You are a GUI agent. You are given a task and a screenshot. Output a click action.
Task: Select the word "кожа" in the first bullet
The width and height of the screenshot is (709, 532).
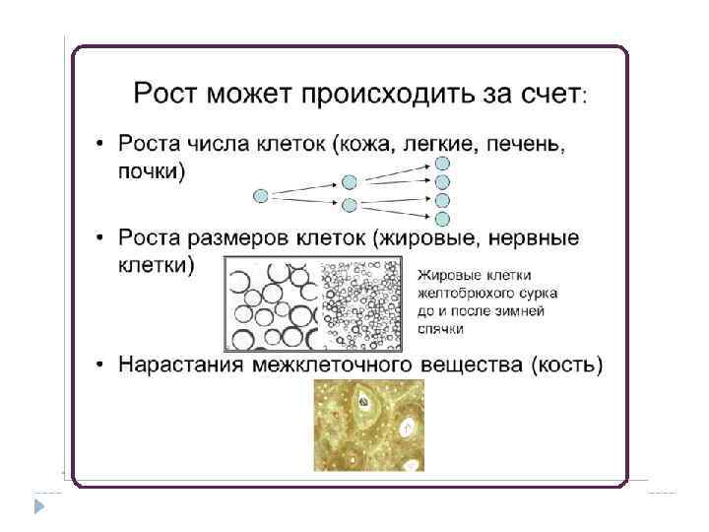(x=363, y=145)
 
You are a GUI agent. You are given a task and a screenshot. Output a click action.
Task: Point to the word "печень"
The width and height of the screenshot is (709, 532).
(x=524, y=145)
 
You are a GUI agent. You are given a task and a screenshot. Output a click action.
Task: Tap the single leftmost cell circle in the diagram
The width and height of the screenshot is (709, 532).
(x=260, y=195)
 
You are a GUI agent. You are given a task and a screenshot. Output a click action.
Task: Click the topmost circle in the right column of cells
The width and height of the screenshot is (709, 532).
(x=443, y=164)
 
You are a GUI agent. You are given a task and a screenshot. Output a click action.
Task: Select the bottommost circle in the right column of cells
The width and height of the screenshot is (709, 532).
(x=443, y=219)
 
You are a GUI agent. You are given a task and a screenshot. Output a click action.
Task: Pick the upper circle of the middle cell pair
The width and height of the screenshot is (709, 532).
(x=349, y=182)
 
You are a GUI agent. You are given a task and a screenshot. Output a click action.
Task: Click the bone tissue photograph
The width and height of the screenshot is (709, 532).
(x=368, y=426)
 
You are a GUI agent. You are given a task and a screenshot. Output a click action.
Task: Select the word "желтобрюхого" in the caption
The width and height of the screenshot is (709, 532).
(x=464, y=292)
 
